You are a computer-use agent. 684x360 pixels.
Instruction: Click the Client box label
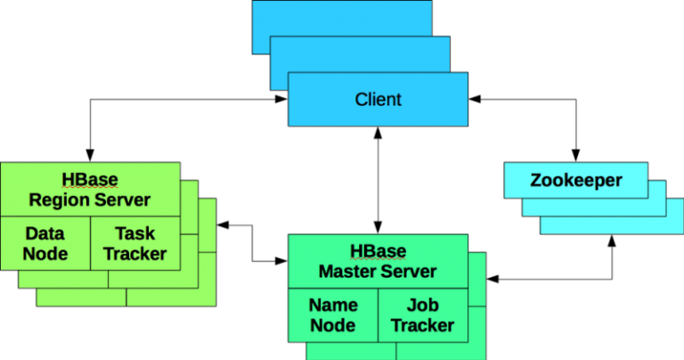(x=378, y=99)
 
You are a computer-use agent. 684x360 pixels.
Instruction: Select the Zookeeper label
(x=575, y=181)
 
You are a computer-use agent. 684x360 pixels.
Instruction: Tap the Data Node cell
(x=45, y=243)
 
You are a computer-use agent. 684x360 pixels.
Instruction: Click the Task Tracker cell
(x=134, y=243)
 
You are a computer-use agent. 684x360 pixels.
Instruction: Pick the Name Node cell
(x=333, y=315)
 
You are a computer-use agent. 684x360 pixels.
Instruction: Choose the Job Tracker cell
(x=422, y=315)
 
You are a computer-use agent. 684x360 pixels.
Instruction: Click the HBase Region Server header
(x=90, y=189)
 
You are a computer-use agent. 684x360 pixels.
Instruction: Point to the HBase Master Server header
(x=378, y=261)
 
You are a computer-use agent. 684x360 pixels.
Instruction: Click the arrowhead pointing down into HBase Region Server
(x=90, y=154)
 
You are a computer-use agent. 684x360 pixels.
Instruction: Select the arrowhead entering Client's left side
(x=280, y=99)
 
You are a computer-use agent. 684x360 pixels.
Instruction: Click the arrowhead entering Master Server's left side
(x=281, y=261)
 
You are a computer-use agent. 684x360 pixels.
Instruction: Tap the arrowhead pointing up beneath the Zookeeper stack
(x=611, y=241)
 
